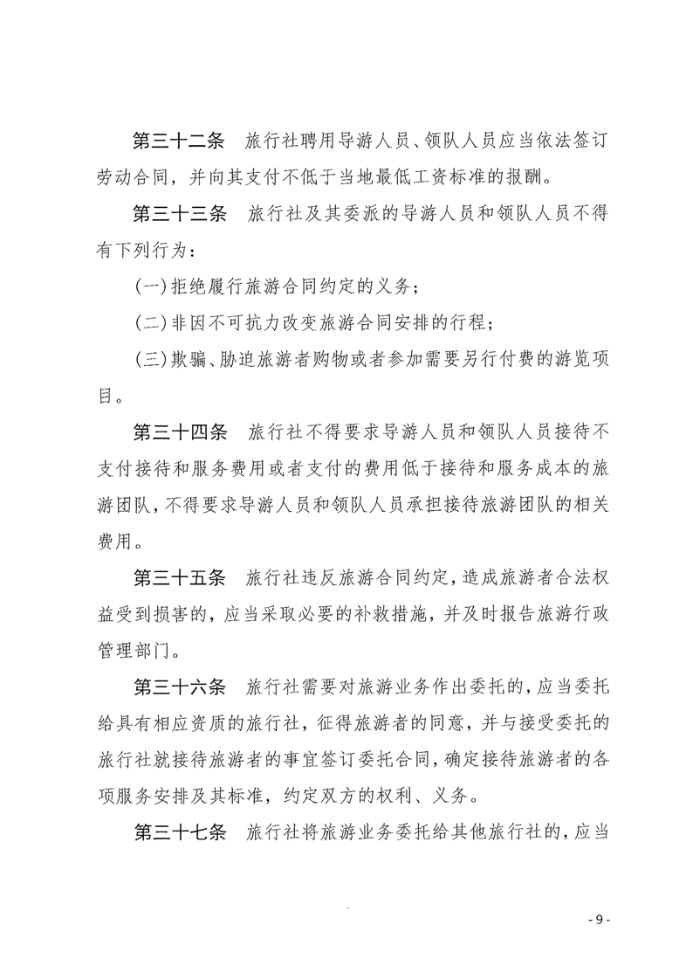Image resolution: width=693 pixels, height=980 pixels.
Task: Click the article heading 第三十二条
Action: point(178,141)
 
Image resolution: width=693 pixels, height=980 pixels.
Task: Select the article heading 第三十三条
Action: point(178,215)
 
